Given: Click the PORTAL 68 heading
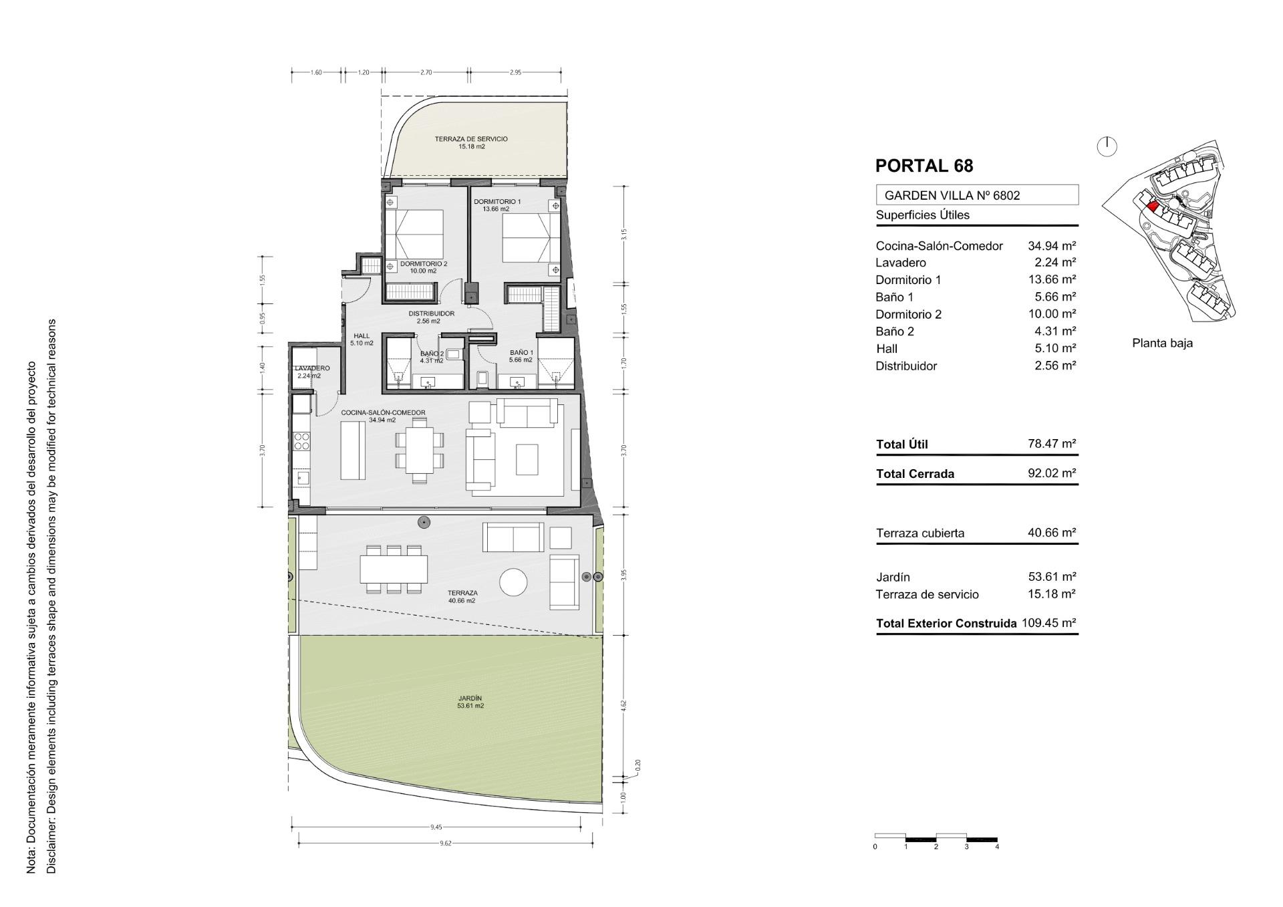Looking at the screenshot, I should click(924, 166).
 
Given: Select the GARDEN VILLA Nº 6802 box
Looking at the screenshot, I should click(977, 195).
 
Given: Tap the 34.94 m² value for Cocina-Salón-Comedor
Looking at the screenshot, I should click(1052, 246).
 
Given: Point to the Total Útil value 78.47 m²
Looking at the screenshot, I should click(1052, 444).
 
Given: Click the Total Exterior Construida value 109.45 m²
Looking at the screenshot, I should click(1049, 623).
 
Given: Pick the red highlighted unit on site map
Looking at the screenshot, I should click(1152, 207).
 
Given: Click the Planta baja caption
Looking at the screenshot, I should click(1162, 343).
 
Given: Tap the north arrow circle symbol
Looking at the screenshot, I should click(1107, 146).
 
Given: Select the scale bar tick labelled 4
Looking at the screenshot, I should click(997, 847).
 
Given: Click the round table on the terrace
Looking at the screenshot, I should click(515, 581).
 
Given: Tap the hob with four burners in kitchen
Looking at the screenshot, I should click(302, 441).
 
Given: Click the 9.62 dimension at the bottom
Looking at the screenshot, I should click(446, 844).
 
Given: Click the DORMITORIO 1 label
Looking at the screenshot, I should click(497, 201).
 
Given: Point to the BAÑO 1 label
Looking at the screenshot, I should click(521, 353).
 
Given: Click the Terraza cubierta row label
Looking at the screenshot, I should click(920, 533).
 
